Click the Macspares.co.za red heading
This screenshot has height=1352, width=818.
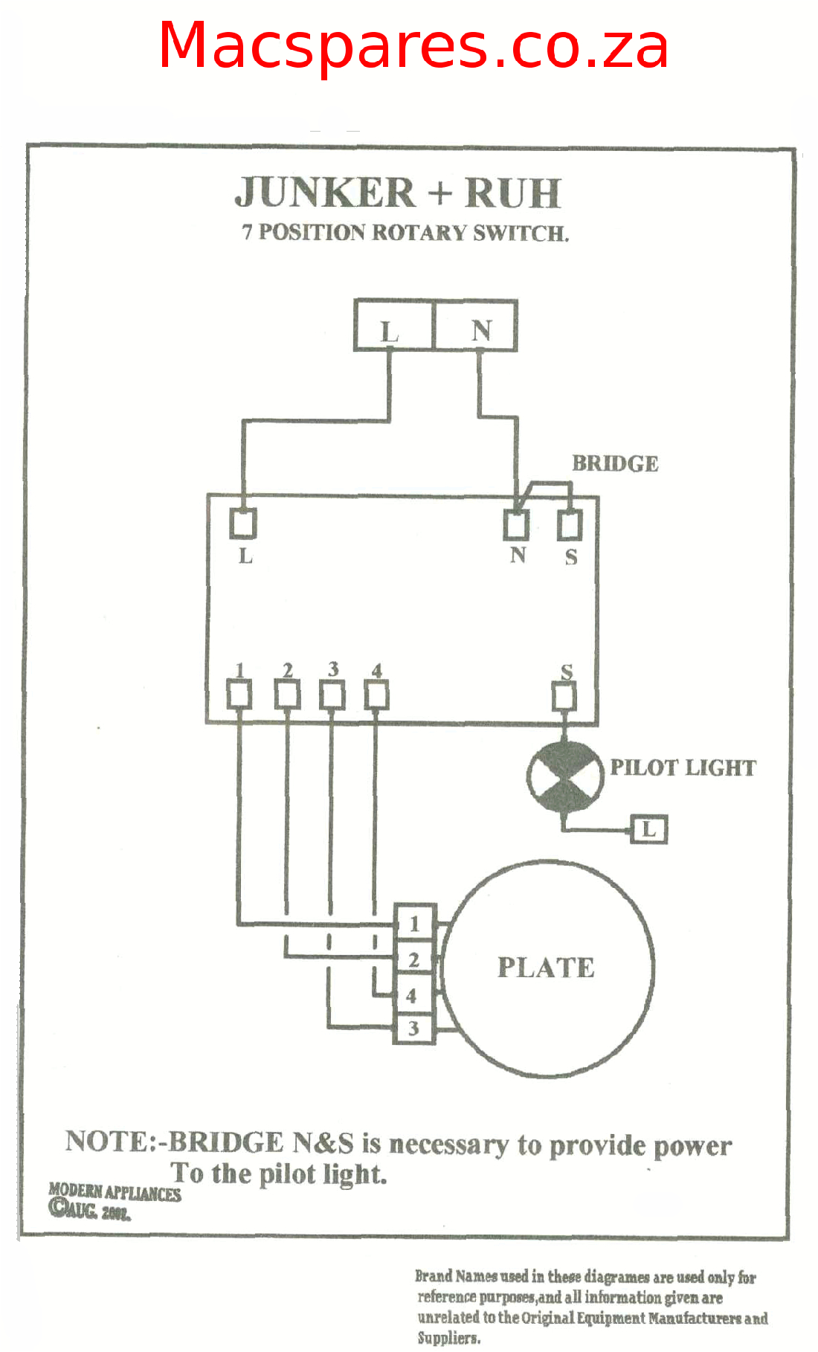pyautogui.click(x=413, y=46)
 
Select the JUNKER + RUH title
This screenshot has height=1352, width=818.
pyautogui.click(x=398, y=193)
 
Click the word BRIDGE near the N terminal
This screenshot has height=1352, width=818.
pyautogui.click(x=615, y=463)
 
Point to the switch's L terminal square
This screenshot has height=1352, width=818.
pyautogui.click(x=242, y=524)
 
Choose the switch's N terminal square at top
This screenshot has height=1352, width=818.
pyautogui.click(x=516, y=525)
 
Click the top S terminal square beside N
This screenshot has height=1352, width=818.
pyautogui.click(x=570, y=525)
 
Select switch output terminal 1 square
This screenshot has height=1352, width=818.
pyautogui.click(x=239, y=695)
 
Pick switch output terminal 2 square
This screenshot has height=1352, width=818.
pyautogui.click(x=287, y=695)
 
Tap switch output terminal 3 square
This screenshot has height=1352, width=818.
pyautogui.click(x=332, y=695)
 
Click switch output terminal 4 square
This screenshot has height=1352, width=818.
pyautogui.click(x=376, y=695)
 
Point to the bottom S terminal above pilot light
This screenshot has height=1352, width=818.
pyautogui.click(x=564, y=697)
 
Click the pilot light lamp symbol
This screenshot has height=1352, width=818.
pyautogui.click(x=565, y=777)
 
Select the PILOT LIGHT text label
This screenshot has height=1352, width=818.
pyautogui.click(x=683, y=767)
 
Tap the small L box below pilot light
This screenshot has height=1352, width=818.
pyautogui.click(x=649, y=829)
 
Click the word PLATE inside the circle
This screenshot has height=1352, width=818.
pyautogui.click(x=546, y=968)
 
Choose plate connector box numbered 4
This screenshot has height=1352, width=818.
pyautogui.click(x=413, y=996)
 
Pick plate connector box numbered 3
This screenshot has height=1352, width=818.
pyautogui.click(x=413, y=1029)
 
